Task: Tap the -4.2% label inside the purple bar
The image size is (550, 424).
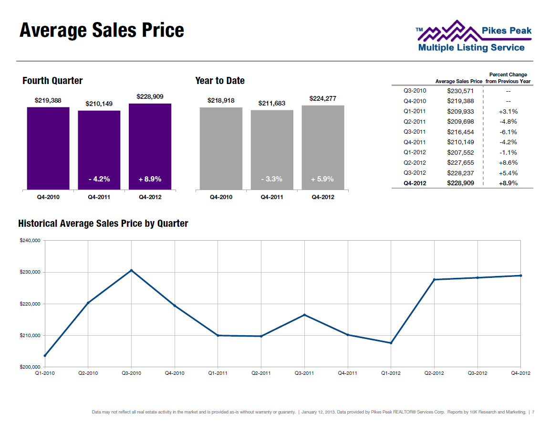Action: click(99, 179)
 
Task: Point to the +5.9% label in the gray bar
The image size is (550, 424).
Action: click(322, 179)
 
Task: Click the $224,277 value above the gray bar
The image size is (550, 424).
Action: click(323, 98)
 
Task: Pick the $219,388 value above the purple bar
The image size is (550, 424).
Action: click(48, 100)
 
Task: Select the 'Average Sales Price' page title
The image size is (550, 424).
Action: click(102, 30)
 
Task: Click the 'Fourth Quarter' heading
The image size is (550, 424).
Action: click(52, 81)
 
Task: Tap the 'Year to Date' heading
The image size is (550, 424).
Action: click(220, 81)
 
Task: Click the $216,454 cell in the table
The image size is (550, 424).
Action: click(460, 132)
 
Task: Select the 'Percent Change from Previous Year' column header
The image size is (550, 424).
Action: click(508, 78)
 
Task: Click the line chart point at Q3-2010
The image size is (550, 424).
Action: click(132, 270)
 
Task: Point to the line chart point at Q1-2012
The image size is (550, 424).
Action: click(391, 343)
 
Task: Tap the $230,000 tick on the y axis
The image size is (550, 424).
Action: click(30, 272)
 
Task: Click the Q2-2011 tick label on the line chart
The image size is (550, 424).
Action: click(261, 373)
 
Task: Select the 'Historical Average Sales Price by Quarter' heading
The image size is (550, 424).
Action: click(103, 223)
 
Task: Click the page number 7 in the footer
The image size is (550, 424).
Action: click(533, 412)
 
